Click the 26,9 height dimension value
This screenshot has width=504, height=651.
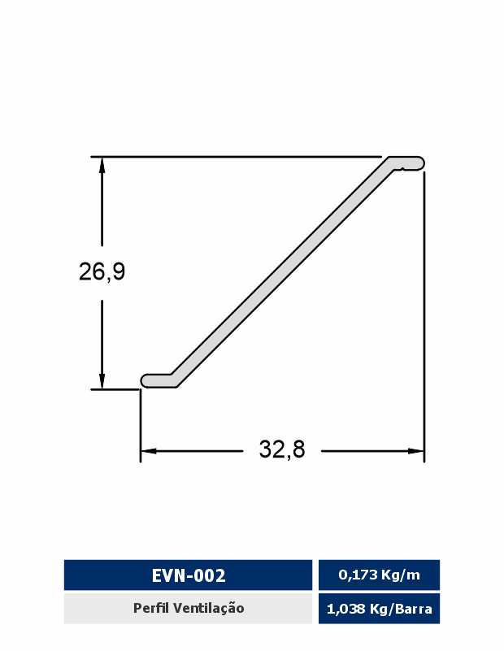click(102, 271)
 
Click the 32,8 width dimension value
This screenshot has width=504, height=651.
click(282, 449)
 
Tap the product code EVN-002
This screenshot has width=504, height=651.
click(189, 575)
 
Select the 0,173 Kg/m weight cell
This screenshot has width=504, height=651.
click(379, 575)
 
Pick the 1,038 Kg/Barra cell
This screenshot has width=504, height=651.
click(379, 609)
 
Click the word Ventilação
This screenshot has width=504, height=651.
click(209, 608)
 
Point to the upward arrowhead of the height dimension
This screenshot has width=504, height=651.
click(102, 165)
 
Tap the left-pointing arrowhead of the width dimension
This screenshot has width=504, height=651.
click(149, 451)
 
